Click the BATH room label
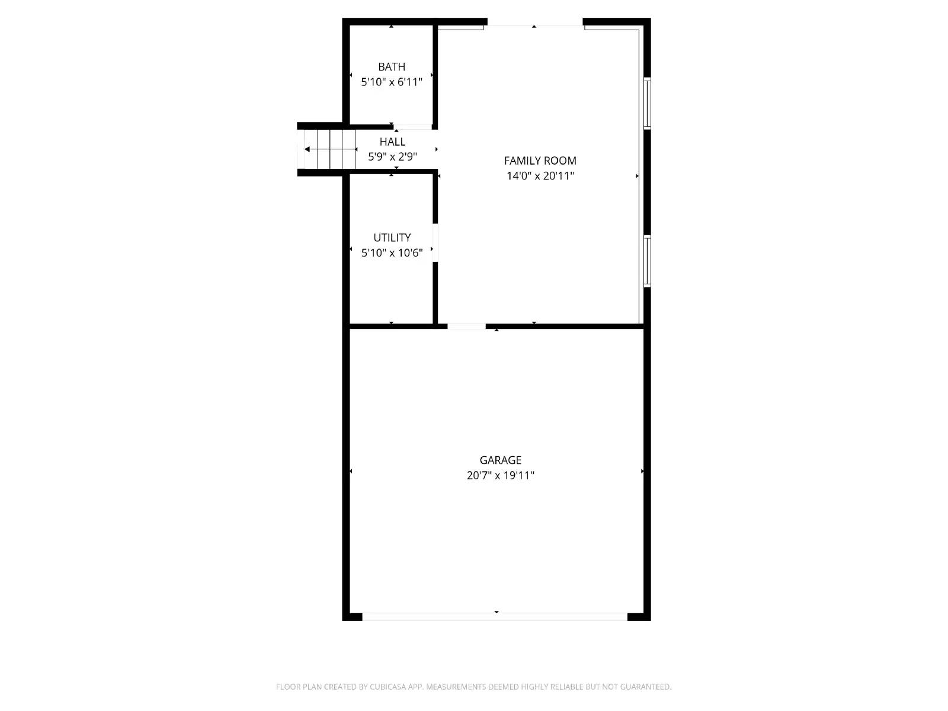tap(392, 67)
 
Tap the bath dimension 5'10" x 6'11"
tap(392, 82)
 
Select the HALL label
tap(392, 142)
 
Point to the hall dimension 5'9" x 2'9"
tap(392, 157)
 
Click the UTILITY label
tap(392, 238)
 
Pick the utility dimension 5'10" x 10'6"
tap(392, 253)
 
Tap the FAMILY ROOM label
tap(540, 161)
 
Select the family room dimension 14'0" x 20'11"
tap(540, 176)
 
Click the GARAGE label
tap(500, 460)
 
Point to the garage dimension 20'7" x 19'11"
tap(500, 475)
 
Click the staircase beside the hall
tap(329, 149)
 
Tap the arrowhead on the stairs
tap(307, 149)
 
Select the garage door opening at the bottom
tap(495, 617)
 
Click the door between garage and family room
tap(466, 326)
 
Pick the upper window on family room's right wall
tap(647, 103)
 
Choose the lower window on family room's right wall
tap(647, 261)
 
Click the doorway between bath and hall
tap(413, 127)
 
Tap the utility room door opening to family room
tap(435, 242)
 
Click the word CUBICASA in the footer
tap(388, 687)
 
